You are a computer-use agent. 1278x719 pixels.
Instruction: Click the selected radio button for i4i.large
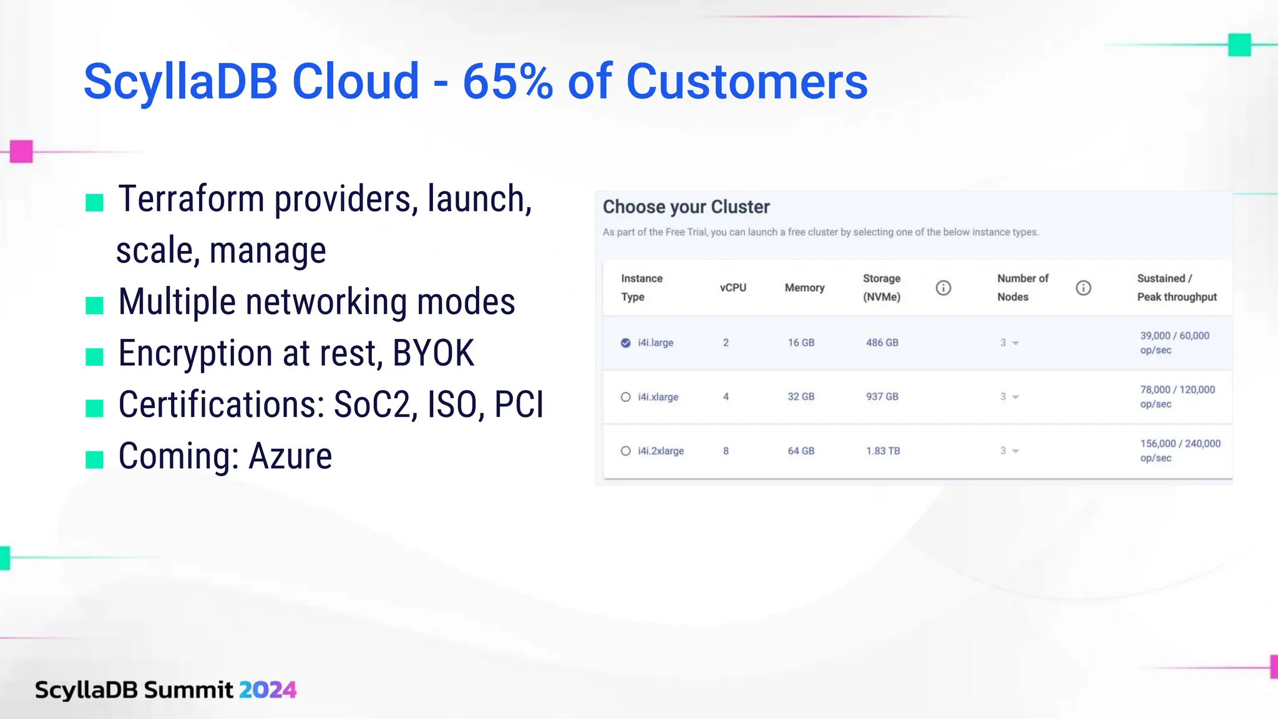[x=625, y=343]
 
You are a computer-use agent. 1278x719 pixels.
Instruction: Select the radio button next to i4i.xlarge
[x=625, y=397]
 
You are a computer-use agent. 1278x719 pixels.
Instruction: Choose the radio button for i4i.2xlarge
[x=625, y=451]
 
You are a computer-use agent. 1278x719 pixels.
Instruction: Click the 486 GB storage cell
[x=882, y=343]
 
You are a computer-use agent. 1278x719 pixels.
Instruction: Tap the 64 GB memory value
[x=801, y=451]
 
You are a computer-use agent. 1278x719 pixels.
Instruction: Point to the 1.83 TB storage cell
[x=882, y=451]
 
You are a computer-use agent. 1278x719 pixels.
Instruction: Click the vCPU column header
[x=733, y=288]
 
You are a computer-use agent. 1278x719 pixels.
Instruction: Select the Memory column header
[x=804, y=288]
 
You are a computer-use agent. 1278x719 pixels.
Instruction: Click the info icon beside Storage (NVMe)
[x=943, y=288]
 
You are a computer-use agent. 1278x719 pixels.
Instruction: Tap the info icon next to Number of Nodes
[x=1083, y=288]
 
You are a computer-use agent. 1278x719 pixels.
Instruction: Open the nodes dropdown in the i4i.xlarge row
[x=1010, y=397]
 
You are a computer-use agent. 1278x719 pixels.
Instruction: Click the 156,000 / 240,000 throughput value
[x=1180, y=444]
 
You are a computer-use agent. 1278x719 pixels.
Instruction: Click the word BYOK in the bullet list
[x=433, y=353]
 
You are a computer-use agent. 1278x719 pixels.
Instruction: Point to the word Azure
[x=290, y=456]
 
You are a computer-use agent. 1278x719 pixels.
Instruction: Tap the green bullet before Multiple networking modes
[x=94, y=305]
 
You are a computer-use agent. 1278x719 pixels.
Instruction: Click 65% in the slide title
[x=507, y=82]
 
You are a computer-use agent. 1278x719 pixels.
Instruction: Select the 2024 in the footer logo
[x=267, y=690]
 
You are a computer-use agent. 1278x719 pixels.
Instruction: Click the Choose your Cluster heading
[x=686, y=207]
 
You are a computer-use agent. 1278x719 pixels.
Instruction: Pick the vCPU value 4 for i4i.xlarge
[x=726, y=397]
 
